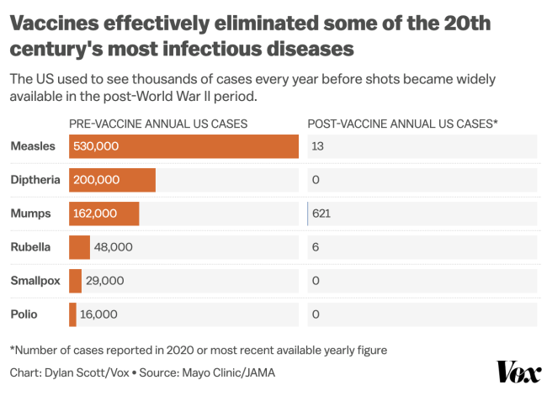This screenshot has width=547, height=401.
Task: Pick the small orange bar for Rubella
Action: [79, 247]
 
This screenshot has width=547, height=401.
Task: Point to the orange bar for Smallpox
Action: [75, 281]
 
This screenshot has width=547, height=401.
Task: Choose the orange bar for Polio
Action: [72, 314]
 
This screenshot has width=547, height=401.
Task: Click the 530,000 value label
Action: [96, 146]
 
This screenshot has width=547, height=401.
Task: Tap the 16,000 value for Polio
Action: [98, 314]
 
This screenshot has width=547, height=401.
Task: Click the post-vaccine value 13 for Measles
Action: [318, 146]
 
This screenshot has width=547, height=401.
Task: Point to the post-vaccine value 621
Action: [321, 214]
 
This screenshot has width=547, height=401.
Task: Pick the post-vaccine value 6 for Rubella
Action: [315, 247]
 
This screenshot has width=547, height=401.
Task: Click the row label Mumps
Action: [30, 214]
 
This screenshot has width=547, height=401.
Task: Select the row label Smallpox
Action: [35, 281]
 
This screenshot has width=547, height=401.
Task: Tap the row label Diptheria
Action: [35, 180]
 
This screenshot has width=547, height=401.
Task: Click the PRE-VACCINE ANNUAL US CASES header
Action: [158, 124]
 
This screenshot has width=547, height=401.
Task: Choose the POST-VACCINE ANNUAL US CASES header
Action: [403, 124]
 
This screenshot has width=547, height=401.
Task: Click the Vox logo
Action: [518, 372]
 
